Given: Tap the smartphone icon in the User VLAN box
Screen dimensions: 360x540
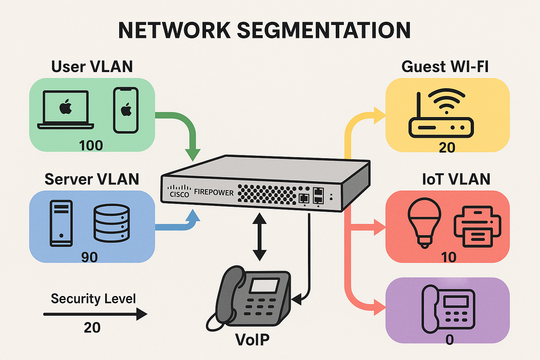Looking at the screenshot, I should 126,110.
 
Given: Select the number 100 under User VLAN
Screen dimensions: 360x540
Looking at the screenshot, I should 91,146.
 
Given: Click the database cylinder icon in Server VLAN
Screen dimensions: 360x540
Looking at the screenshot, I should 111,223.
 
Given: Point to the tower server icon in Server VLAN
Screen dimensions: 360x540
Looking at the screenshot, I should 61,223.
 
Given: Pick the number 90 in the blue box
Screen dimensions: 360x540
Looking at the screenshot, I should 89,257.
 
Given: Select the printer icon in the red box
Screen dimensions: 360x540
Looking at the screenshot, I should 477,226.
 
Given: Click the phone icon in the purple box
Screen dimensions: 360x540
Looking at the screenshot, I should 448,309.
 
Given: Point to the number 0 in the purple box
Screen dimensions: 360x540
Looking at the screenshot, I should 449,340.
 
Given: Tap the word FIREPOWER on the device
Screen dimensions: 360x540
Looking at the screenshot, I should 214,192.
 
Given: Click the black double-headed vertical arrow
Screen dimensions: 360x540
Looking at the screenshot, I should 259,237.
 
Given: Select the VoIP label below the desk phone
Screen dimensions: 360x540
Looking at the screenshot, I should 252,340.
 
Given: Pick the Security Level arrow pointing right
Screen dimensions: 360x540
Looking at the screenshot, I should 95,314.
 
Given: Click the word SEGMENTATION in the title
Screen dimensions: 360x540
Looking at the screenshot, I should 323,30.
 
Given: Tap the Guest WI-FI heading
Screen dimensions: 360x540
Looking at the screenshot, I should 445,66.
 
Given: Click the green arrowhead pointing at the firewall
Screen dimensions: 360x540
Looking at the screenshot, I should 193,154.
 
